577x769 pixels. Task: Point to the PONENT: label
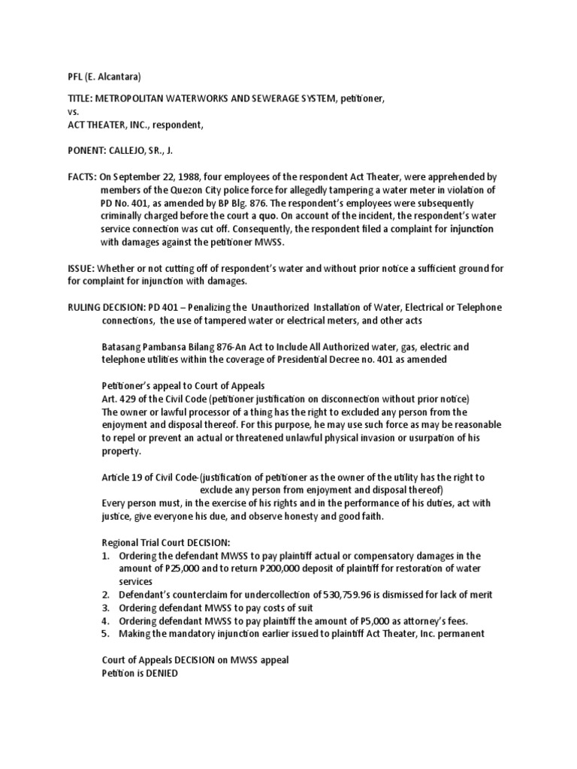point(78,150)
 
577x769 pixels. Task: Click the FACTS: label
point(74,177)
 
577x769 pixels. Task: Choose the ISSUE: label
point(74,268)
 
